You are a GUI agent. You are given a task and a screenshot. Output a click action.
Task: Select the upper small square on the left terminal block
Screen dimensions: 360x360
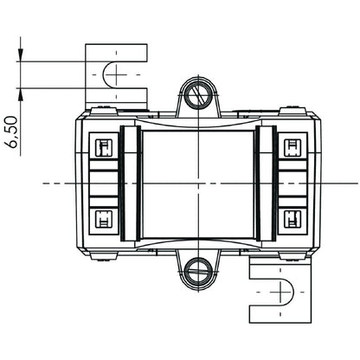tap(101, 146)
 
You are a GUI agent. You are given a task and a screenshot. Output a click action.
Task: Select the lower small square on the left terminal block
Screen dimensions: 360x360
tap(101, 217)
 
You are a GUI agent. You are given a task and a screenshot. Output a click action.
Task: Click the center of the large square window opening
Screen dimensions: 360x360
tap(199, 183)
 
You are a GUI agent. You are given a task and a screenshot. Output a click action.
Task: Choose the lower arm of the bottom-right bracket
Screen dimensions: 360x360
tap(282, 313)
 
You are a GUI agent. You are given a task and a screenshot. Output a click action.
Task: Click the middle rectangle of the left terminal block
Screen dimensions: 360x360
tap(101, 183)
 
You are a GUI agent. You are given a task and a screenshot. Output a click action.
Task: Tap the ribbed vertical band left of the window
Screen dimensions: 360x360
tap(132, 183)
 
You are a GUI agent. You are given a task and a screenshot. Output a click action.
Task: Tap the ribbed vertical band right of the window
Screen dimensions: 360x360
tap(266, 183)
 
